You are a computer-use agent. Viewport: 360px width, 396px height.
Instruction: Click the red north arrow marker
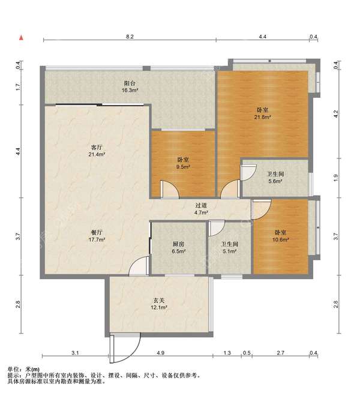click(x=21, y=38)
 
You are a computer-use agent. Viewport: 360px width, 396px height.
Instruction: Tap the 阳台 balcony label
click(x=130, y=83)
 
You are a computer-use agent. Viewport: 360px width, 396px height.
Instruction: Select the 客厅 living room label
click(x=97, y=147)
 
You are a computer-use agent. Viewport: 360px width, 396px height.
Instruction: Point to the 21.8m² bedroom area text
click(x=263, y=117)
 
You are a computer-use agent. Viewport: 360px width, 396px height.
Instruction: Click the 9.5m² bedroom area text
click(x=183, y=167)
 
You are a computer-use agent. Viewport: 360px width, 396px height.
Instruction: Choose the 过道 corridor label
click(x=201, y=206)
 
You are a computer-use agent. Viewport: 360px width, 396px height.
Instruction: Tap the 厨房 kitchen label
click(x=178, y=244)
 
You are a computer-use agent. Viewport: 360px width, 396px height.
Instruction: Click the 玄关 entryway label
click(x=159, y=301)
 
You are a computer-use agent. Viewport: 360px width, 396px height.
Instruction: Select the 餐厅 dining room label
click(x=97, y=232)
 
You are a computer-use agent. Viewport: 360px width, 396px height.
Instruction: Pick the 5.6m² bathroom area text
click(x=275, y=181)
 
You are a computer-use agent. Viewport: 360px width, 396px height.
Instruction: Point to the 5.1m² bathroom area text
click(x=229, y=251)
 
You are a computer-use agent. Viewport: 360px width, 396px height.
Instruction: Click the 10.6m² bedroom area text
click(x=280, y=239)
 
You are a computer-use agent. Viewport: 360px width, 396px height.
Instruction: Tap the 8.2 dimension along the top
click(x=130, y=37)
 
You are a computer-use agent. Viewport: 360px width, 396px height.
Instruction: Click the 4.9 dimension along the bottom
click(x=160, y=353)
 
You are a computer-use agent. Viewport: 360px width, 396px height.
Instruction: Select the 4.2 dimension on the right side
click(x=336, y=114)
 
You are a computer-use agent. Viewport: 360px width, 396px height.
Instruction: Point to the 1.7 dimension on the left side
click(x=18, y=87)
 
